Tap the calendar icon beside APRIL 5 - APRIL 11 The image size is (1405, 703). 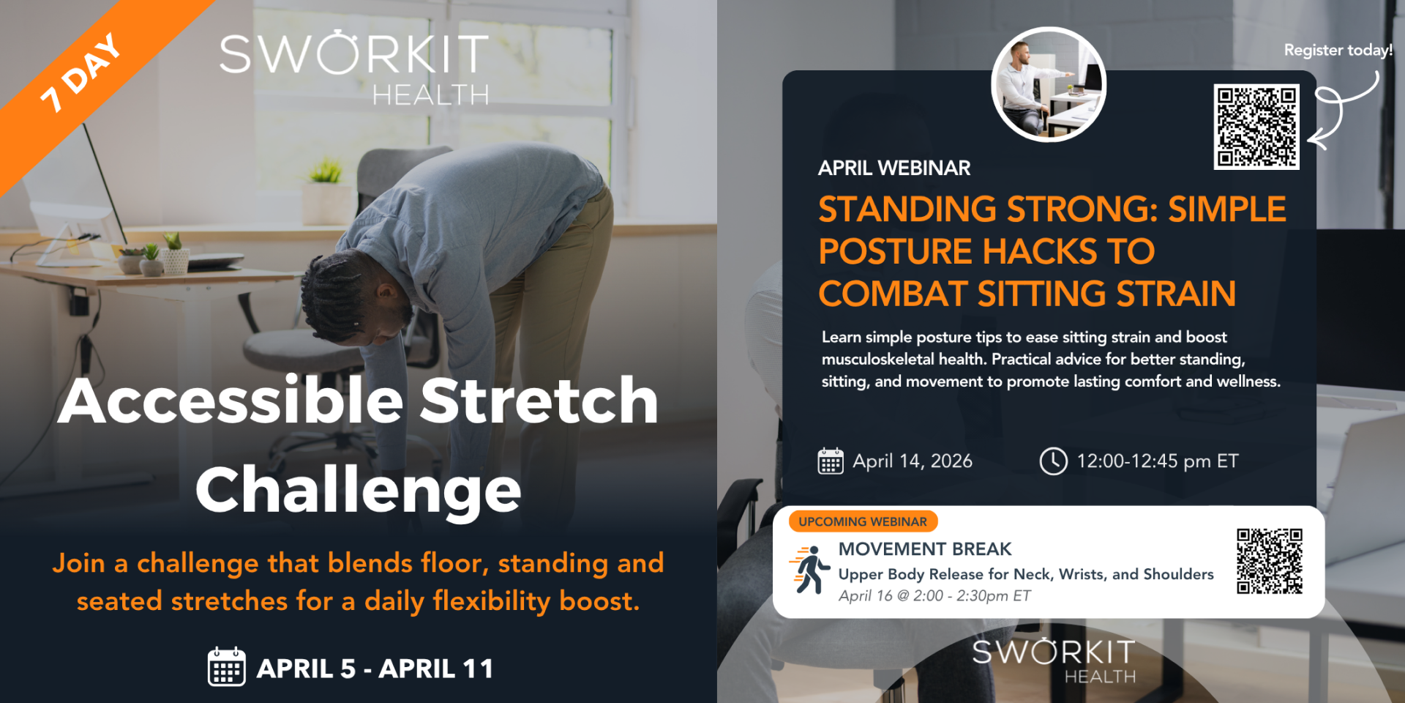coord(227,666)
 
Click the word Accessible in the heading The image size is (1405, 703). coord(231,401)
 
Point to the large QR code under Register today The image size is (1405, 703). coord(1256,127)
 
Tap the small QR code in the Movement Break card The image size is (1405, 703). coord(1270,561)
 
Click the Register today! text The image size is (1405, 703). coord(1338,50)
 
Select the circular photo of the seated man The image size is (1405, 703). coord(1049,84)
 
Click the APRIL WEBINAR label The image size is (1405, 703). coord(894,168)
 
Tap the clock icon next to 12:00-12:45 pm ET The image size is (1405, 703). coord(1054,461)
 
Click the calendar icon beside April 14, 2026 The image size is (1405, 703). coord(831,461)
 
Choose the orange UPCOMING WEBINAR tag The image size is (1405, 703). coord(863,521)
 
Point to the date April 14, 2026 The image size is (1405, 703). coord(913,461)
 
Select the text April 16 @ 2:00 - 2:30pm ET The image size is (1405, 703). coord(934,595)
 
